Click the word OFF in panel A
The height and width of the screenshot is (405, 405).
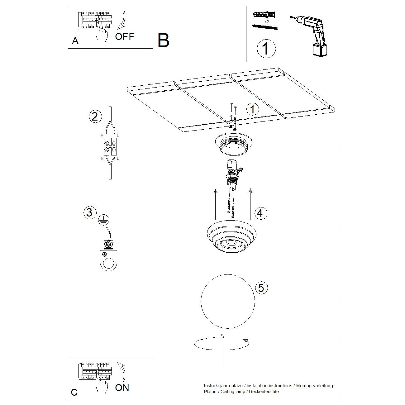coord(124,36)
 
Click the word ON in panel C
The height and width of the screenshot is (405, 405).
coord(122,388)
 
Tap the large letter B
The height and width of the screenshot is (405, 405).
coord(163,40)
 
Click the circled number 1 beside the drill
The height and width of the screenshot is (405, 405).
coord(266,49)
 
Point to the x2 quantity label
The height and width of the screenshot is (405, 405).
coord(267,22)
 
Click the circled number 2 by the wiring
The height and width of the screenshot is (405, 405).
coord(95,116)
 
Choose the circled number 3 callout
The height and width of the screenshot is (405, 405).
coord(89,212)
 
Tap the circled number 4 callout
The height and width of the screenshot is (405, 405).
coord(260,213)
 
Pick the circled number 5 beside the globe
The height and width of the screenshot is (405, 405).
coord(261,288)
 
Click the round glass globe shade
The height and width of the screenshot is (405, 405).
coord(228,301)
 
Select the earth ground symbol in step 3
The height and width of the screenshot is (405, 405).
coord(103,220)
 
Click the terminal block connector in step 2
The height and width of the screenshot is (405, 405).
coord(110,146)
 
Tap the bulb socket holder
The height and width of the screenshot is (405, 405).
coord(233,176)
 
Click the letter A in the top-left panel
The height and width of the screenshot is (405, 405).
coord(75,41)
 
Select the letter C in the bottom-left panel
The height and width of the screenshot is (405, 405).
coord(74,392)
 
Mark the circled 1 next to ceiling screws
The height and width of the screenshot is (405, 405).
coord(252,109)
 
